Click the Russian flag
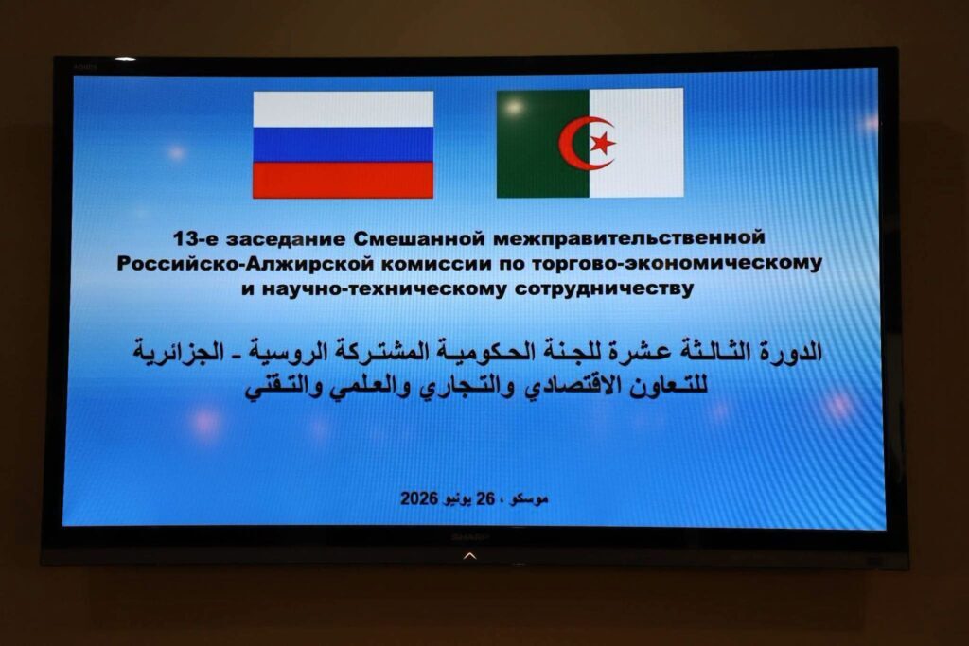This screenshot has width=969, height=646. [x=343, y=145]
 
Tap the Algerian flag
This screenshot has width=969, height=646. [x=590, y=143]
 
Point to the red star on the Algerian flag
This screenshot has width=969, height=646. [x=603, y=143]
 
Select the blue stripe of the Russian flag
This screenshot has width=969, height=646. [x=343, y=145]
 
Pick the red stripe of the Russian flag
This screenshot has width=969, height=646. [x=343, y=181]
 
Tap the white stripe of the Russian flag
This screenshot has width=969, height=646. [x=343, y=110]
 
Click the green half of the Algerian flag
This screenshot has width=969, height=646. [x=543, y=143]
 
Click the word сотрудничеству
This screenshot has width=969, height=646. [x=604, y=289]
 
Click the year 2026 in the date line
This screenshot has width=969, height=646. [x=419, y=498]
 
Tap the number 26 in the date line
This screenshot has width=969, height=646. [x=485, y=498]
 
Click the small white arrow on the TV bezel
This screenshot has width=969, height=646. [x=469, y=556]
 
